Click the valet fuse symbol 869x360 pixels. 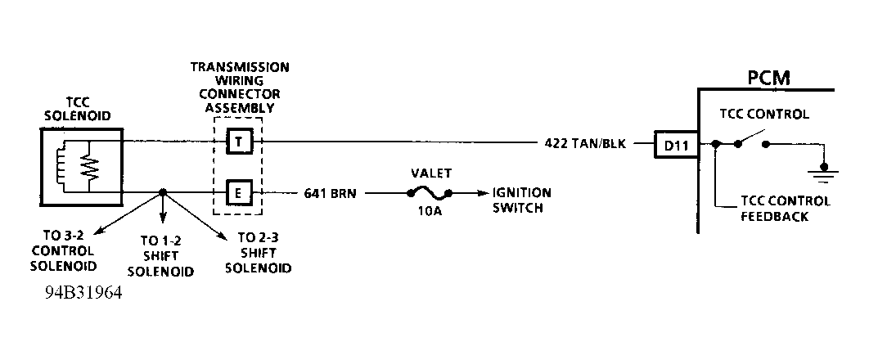428,194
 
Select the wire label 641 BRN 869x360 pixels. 328,194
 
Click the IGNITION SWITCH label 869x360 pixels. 521,200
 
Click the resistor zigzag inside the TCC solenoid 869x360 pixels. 88,169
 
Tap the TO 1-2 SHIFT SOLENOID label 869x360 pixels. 166,256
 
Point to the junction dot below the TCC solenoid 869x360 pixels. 162,194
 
